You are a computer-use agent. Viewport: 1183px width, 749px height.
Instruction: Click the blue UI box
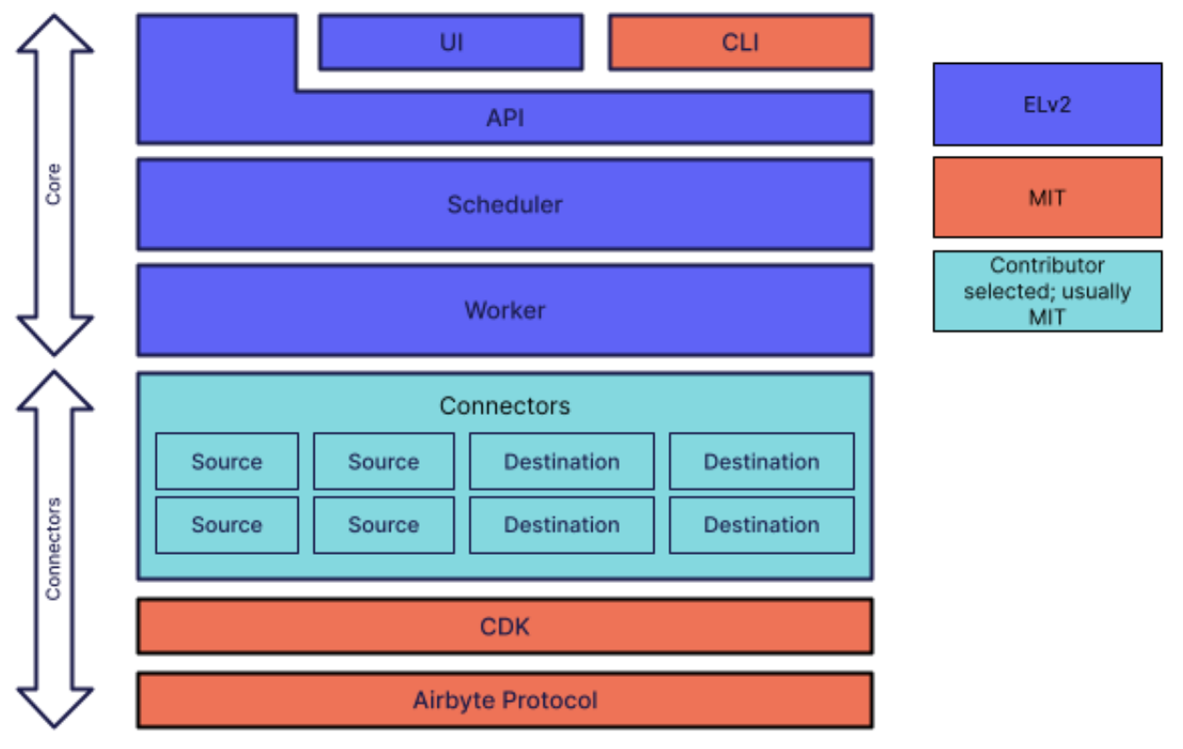coord(451,42)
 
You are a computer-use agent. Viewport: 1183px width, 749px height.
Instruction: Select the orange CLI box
coord(741,42)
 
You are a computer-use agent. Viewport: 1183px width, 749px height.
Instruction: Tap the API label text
coord(505,118)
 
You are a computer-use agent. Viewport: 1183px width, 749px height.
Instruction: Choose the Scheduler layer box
coord(505,205)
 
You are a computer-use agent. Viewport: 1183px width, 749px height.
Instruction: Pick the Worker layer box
coord(505,311)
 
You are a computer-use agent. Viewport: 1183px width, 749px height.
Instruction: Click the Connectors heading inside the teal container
coord(505,406)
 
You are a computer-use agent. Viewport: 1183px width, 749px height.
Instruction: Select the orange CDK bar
coord(505,626)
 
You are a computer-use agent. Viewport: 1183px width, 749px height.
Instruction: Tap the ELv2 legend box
coord(1047,104)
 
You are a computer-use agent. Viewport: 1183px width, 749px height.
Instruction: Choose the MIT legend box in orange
coord(1047,198)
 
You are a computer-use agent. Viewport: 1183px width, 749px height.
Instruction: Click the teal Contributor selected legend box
coord(1047,291)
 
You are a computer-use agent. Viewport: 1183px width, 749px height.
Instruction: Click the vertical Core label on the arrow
coord(54,185)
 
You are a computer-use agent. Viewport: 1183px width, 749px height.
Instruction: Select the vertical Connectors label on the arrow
coord(54,549)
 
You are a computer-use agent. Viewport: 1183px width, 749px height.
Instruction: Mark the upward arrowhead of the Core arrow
coord(54,34)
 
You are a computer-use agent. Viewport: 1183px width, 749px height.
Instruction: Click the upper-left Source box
coord(227,462)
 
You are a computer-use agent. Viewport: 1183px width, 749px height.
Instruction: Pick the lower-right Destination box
coord(761,525)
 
